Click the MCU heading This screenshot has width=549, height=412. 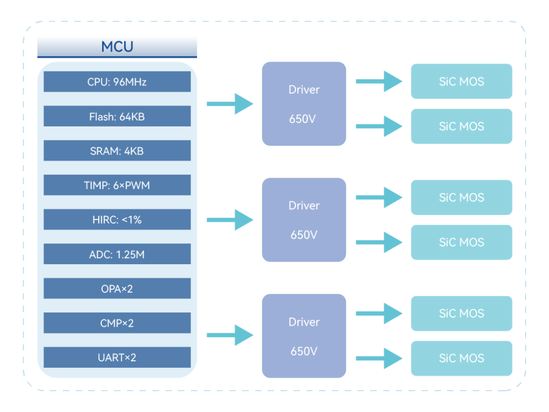[117, 47]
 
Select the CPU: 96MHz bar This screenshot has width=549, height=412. [117, 82]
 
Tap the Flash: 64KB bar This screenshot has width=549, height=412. [117, 116]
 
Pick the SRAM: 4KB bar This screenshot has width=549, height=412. [117, 150]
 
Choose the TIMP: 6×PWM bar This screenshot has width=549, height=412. [117, 185]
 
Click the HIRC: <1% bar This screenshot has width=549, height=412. [117, 219]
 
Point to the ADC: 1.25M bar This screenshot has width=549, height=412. [117, 254]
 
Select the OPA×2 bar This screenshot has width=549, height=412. [117, 289]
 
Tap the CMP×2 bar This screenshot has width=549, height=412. [117, 323]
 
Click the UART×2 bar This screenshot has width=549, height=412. [117, 358]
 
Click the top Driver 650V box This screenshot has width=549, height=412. [304, 104]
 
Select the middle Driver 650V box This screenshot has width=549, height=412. [304, 220]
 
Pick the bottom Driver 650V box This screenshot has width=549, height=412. [304, 336]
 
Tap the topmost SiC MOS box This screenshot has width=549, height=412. [462, 81]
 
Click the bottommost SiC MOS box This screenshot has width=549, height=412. [462, 359]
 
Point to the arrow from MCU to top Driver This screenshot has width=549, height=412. [230, 104]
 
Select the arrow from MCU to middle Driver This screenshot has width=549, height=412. [230, 220]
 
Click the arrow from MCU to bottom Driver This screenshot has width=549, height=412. [230, 335]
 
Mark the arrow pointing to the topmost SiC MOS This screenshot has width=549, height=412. [379, 81]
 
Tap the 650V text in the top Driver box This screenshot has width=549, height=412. [302, 119]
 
